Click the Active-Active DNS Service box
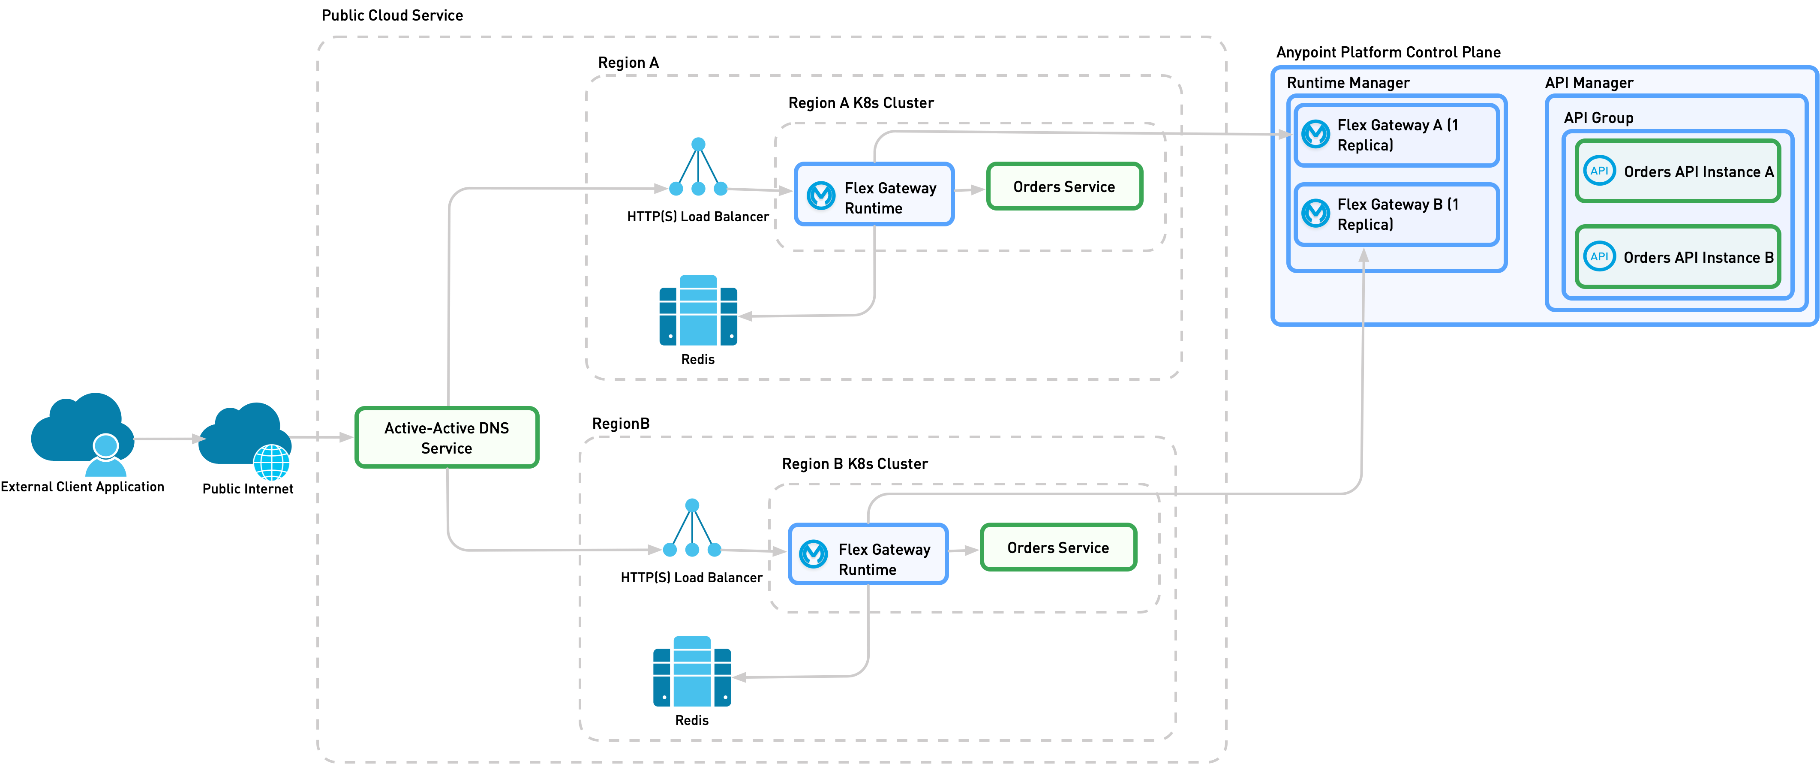tap(447, 437)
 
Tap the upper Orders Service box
tap(1064, 186)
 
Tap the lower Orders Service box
tap(1057, 548)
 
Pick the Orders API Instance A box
tap(1677, 172)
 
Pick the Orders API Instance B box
tap(1677, 257)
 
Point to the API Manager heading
tap(1589, 83)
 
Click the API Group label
tap(1598, 118)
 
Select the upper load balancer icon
tap(698, 170)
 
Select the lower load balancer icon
tap(692, 530)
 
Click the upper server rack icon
tap(698, 311)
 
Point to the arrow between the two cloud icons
tap(168, 439)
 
